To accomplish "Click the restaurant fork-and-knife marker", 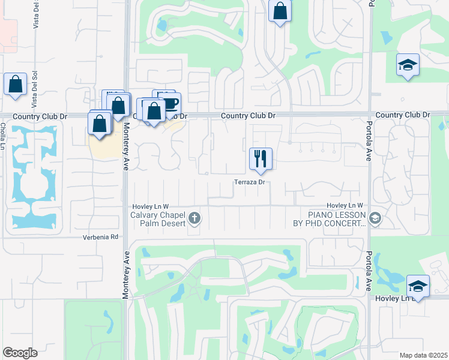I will (x=261, y=159).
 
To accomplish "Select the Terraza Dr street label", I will (x=250, y=182).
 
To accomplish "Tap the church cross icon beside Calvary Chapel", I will (x=194, y=217).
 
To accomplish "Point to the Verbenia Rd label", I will (x=100, y=237).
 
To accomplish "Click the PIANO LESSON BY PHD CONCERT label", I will (x=337, y=218).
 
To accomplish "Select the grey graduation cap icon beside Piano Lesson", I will (x=376, y=218).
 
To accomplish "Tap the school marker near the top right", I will (x=408, y=65).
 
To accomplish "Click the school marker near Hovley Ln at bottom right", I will (x=418, y=286).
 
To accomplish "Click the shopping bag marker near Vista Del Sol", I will (x=15, y=85).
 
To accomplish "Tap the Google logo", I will (x=20, y=353).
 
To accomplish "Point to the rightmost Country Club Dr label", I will (x=403, y=115).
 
